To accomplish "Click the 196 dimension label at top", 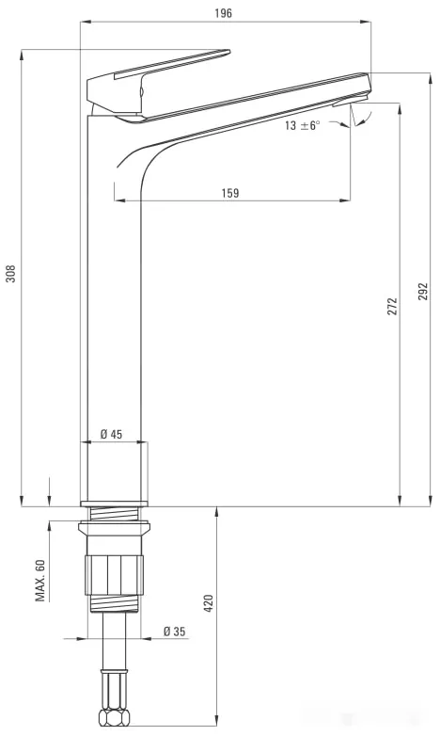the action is (x=223, y=12).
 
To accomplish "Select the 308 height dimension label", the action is (x=10, y=274).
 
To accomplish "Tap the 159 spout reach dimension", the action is (x=229, y=192).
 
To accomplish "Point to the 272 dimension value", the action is (x=392, y=306).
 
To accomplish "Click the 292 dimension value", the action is (x=423, y=292).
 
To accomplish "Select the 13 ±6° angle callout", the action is (x=302, y=125).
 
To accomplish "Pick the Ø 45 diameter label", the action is (x=111, y=434).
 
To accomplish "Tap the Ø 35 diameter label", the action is (x=175, y=632).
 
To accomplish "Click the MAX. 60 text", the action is (x=40, y=580).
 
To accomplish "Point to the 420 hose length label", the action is (x=209, y=603).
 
